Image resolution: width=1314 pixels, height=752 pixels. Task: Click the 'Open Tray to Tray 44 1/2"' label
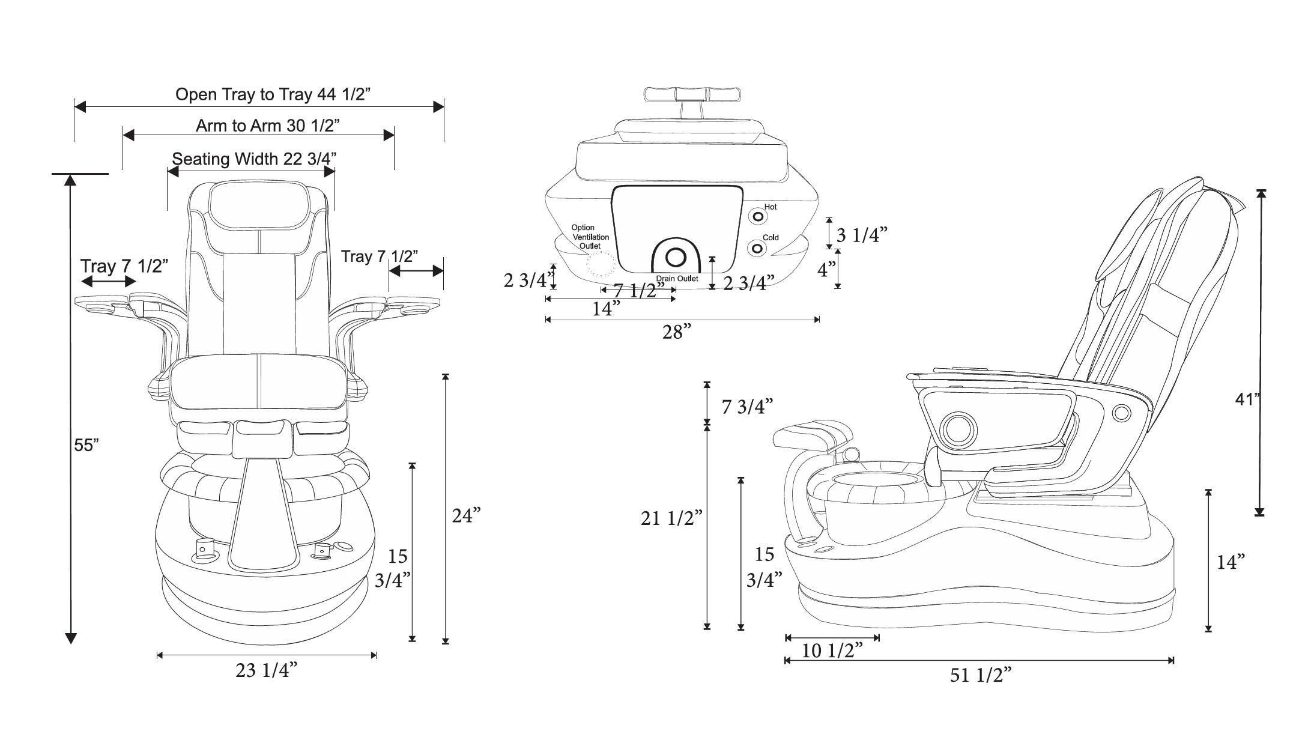coord(273,94)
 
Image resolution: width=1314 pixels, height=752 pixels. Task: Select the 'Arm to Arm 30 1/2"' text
coord(268,126)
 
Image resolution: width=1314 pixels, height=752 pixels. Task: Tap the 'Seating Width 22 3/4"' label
coord(254,159)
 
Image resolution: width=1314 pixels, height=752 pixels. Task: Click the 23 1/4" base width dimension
coord(267,671)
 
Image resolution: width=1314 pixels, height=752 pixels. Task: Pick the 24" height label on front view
coord(467,515)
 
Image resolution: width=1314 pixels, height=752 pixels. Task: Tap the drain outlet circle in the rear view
coord(676,257)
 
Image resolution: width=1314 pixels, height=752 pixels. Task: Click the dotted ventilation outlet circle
coord(601,264)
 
